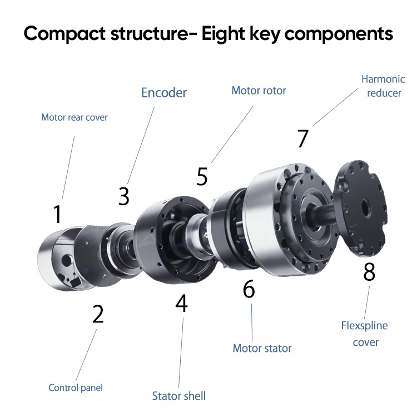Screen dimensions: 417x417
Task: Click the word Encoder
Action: click(x=164, y=92)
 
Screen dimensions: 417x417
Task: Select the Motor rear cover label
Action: click(x=75, y=117)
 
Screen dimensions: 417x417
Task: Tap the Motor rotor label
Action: click(x=259, y=90)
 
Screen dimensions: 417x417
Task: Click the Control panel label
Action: click(x=76, y=388)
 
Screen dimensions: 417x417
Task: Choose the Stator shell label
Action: click(x=179, y=396)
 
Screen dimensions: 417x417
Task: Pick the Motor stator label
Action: click(x=262, y=349)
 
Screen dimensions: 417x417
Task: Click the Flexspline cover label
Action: click(x=365, y=334)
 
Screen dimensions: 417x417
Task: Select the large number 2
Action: click(x=98, y=314)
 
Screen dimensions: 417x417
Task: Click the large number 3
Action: click(x=124, y=196)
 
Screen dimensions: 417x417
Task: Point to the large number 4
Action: click(x=181, y=303)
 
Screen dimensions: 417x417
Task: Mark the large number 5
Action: click(x=202, y=177)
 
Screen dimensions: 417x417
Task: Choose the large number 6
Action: click(x=249, y=289)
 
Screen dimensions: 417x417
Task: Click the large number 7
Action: click(x=302, y=138)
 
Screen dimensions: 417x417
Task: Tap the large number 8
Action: click(x=369, y=272)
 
